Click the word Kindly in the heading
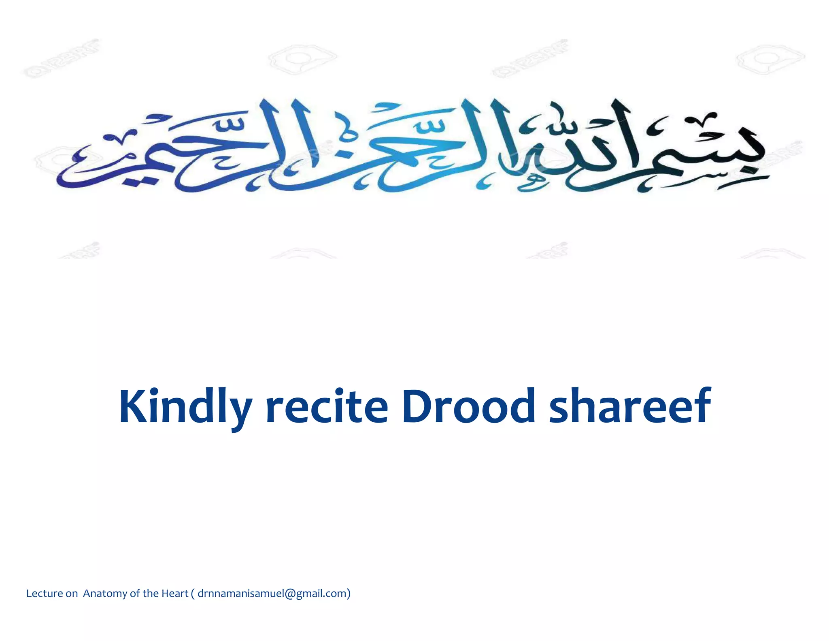point(185,406)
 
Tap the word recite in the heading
point(327,406)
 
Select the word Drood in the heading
point(468,406)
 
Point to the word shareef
point(630,406)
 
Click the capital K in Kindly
point(134,406)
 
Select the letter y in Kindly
point(240,411)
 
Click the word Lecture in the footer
point(45,594)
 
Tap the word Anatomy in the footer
point(105,594)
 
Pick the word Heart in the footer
point(175,594)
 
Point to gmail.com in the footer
point(321,594)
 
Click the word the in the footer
point(150,594)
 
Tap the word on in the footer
point(72,594)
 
